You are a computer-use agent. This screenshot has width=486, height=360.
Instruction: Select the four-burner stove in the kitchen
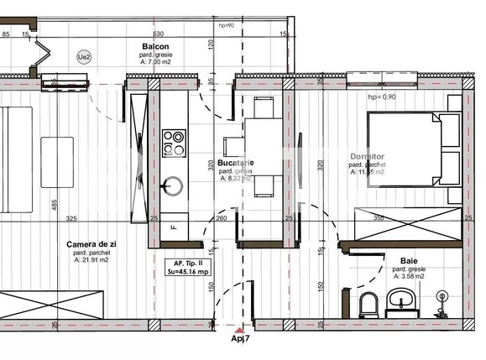[x=175, y=142]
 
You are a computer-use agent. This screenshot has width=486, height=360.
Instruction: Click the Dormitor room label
[x=367, y=157]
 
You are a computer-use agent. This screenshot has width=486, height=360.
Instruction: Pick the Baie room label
[x=408, y=262]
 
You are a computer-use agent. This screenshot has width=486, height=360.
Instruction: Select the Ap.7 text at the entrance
[x=241, y=339]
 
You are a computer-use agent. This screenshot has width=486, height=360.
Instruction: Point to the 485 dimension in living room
[x=54, y=205]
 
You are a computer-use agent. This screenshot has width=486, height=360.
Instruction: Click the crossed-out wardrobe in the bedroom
[x=407, y=223]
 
